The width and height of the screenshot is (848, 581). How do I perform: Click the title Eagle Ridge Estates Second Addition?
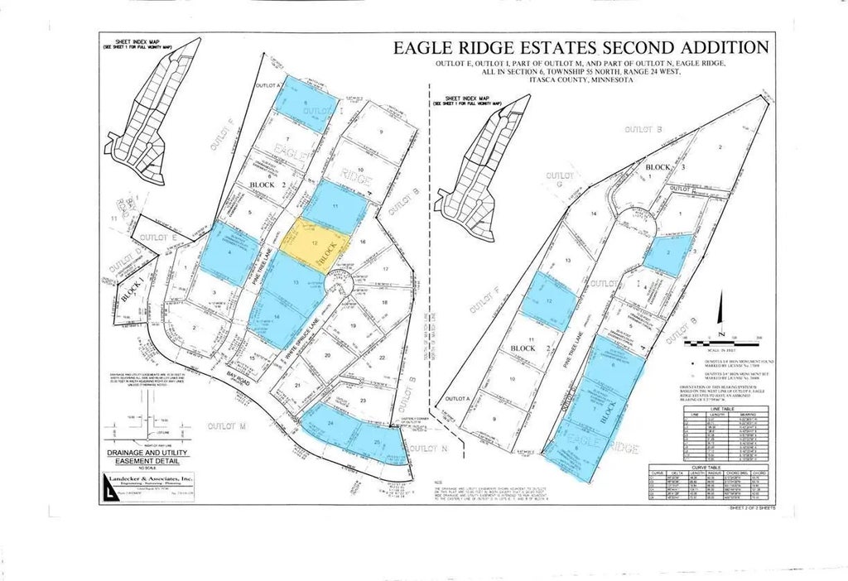(581, 47)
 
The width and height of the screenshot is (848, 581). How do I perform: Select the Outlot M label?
(224, 425)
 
